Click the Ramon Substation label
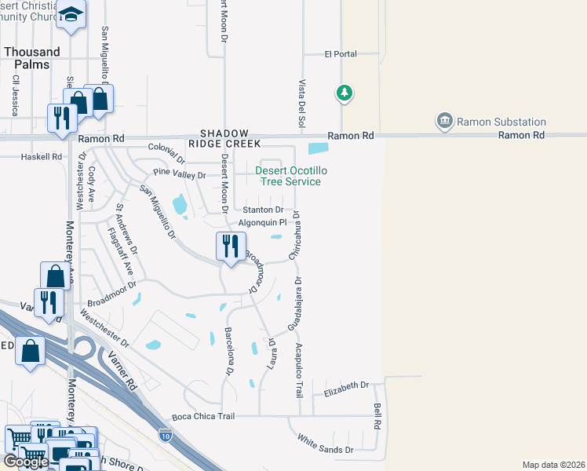(501, 122)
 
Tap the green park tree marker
(344, 93)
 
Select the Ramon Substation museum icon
(445, 121)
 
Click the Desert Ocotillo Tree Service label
(289, 176)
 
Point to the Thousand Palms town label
(31, 57)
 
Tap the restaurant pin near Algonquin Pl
(231, 247)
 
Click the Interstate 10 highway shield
(165, 434)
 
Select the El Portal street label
(341, 54)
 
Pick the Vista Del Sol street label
(301, 104)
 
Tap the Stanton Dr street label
(262, 210)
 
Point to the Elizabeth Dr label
(346, 385)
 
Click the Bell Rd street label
(377, 416)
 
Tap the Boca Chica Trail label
(203, 416)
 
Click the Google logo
(25, 462)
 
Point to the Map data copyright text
(553, 465)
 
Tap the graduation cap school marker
(71, 14)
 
